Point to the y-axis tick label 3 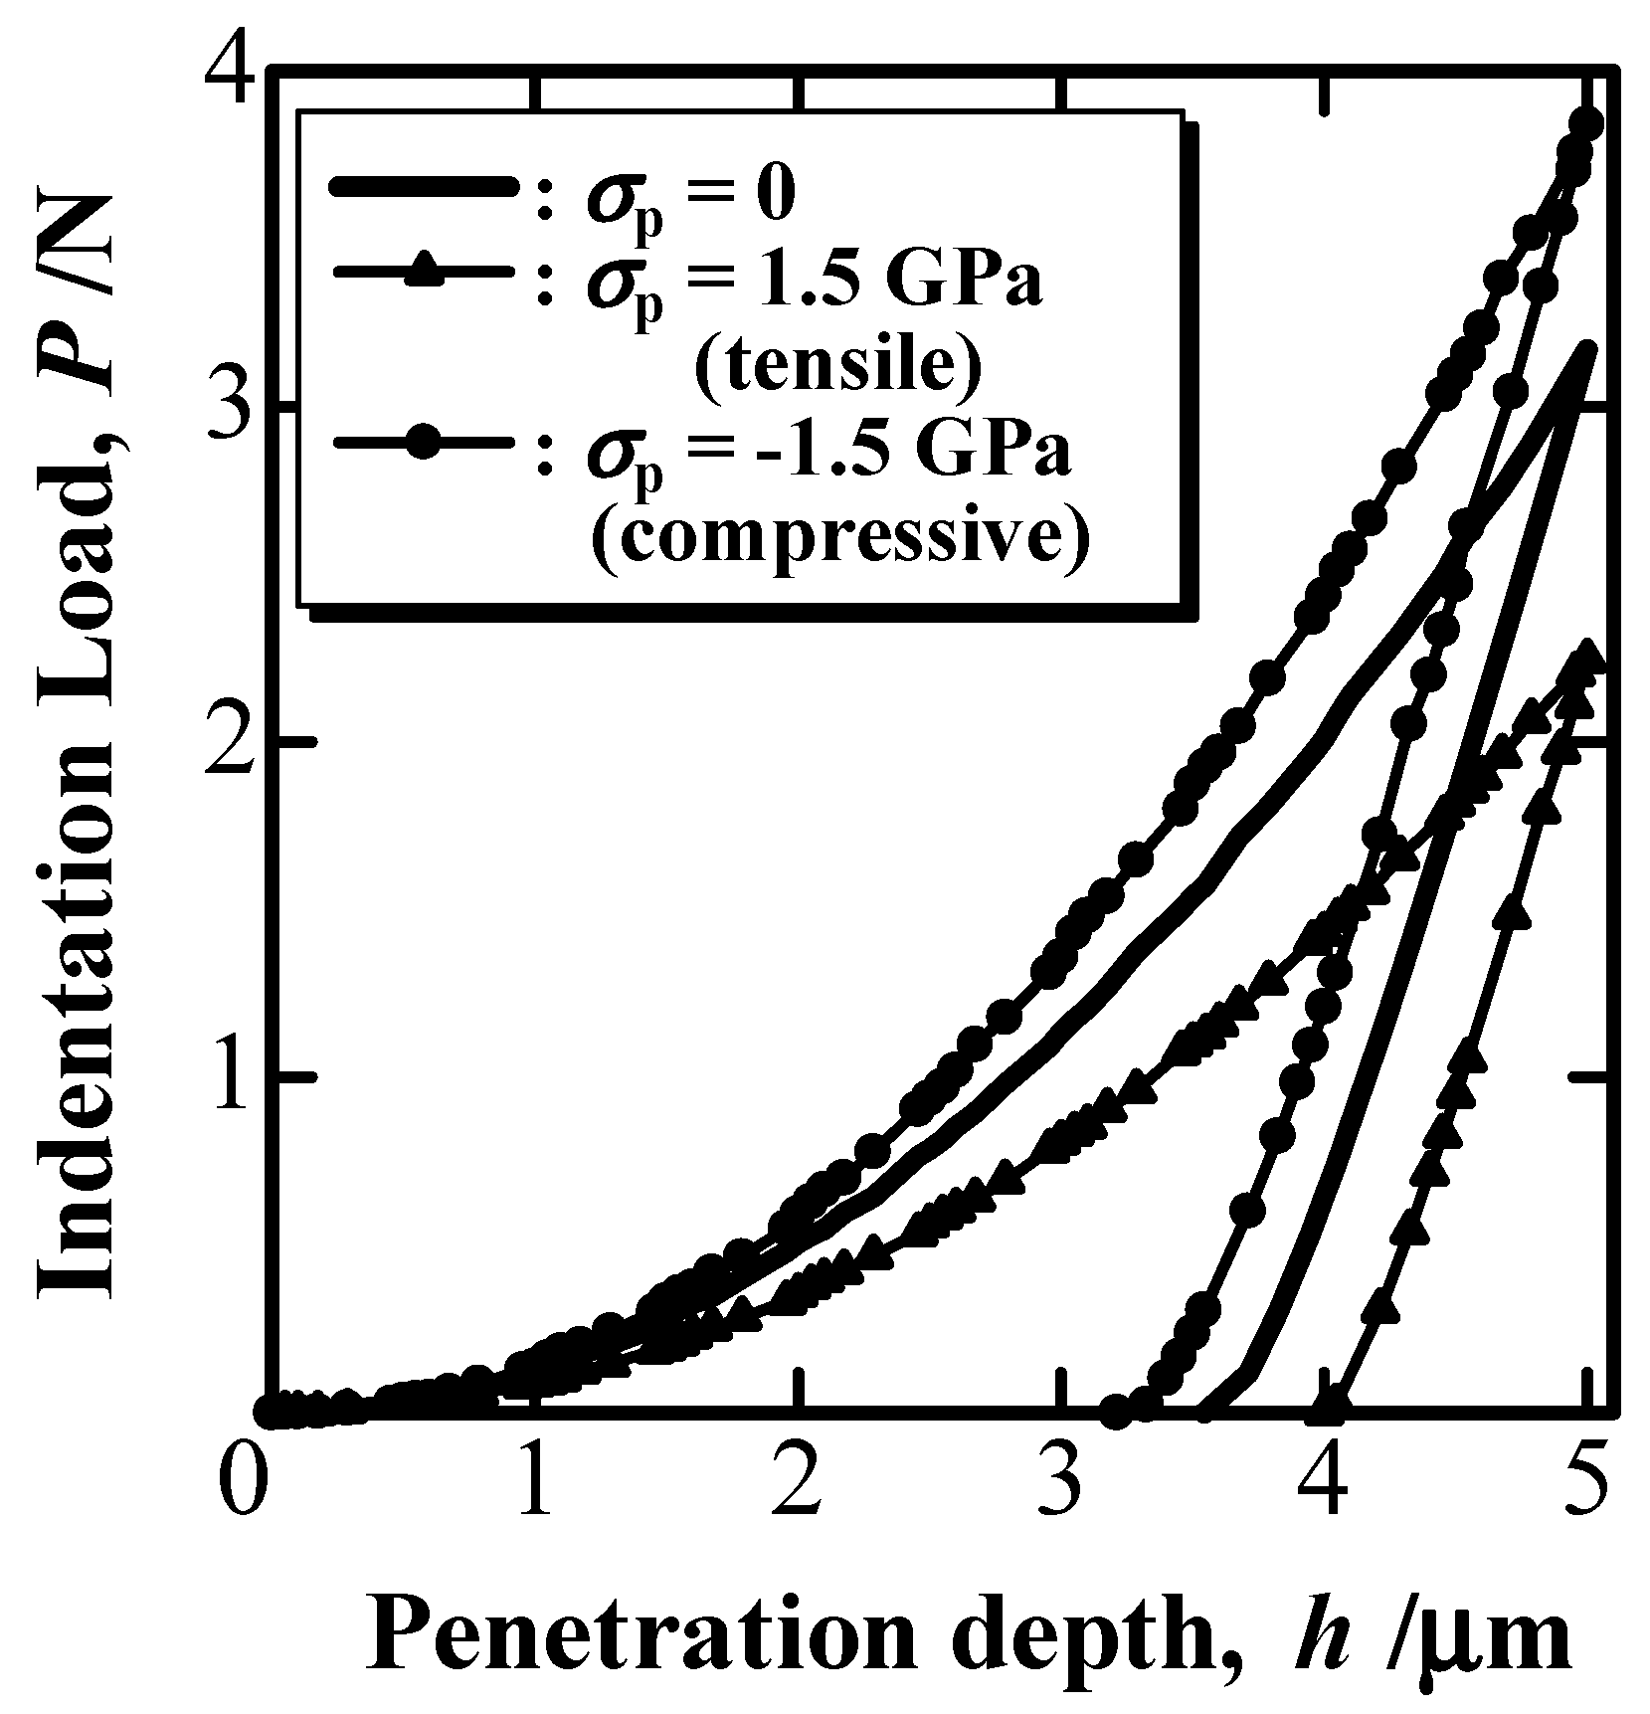point(231,410)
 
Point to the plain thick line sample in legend point(423,189)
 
